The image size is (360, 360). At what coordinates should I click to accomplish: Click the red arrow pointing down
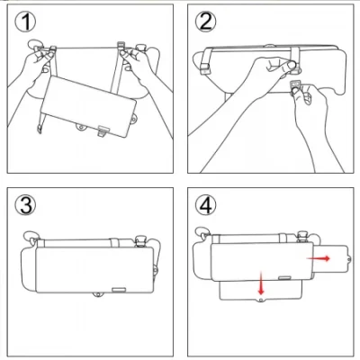(x=260, y=284)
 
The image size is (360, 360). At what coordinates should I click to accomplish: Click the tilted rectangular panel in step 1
(x=90, y=103)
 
